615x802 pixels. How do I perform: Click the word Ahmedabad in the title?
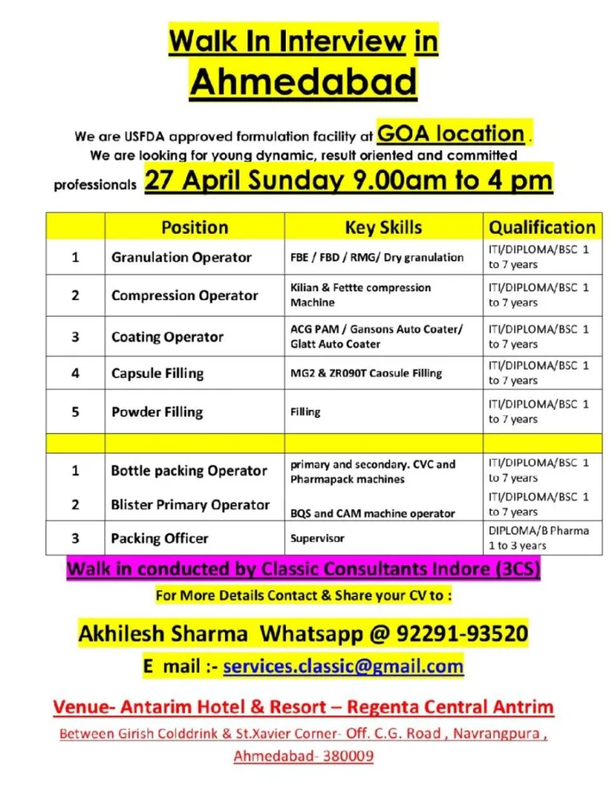tap(303, 81)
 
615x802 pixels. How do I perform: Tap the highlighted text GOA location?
tap(451, 133)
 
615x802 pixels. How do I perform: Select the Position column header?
tap(194, 227)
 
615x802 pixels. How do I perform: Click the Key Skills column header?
tap(383, 227)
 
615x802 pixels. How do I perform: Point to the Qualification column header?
tap(541, 227)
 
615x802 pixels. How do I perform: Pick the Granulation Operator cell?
tap(181, 257)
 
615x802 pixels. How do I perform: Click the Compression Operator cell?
tap(184, 295)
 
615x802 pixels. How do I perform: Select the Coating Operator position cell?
tap(167, 337)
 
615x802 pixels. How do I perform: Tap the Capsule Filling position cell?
tap(157, 373)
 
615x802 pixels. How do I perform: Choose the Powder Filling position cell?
tap(157, 412)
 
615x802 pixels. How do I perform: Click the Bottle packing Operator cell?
tap(188, 471)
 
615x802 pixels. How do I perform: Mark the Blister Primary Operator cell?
tap(190, 505)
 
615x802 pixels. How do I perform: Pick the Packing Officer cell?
tap(159, 539)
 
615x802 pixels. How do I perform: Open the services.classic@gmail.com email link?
tap(343, 666)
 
